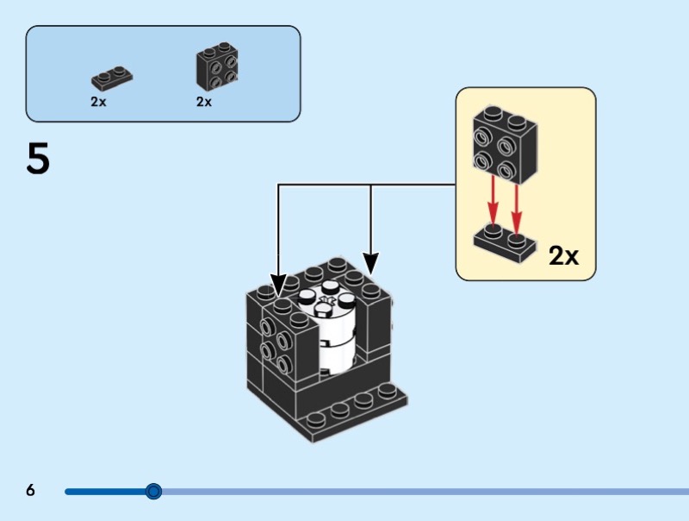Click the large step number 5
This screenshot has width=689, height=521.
click(x=39, y=160)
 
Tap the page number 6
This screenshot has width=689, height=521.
click(x=31, y=491)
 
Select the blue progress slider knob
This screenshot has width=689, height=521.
click(x=153, y=492)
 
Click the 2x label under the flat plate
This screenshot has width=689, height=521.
click(x=98, y=101)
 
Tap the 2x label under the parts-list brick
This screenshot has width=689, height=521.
click(x=204, y=101)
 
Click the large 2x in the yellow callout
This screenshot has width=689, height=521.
click(x=564, y=255)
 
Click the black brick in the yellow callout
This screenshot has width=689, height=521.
click(x=504, y=144)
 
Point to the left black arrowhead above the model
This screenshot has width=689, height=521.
click(x=278, y=284)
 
